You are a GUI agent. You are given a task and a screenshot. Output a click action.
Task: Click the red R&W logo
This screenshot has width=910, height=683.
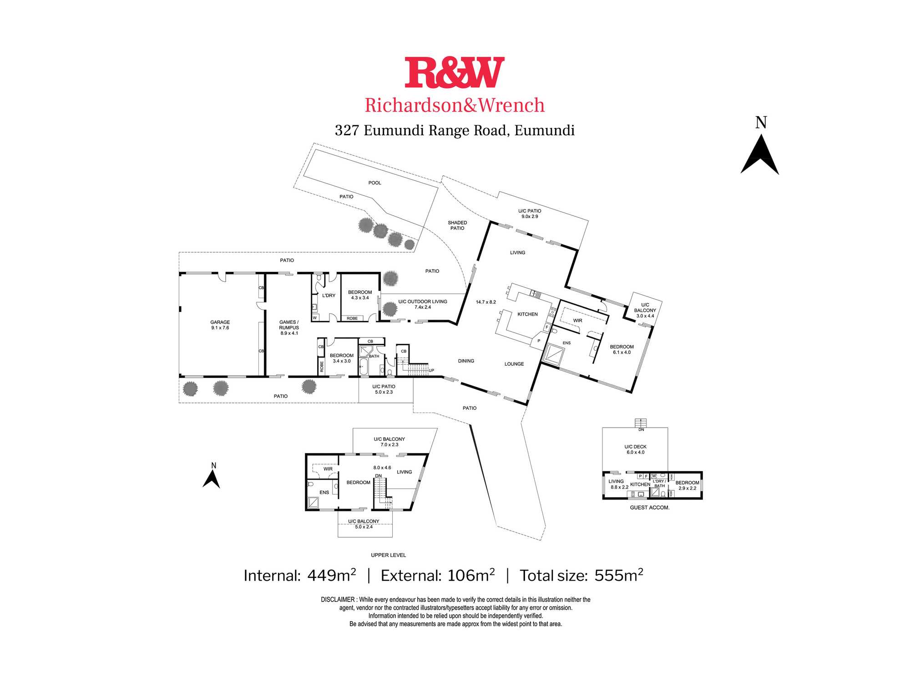tap(455, 72)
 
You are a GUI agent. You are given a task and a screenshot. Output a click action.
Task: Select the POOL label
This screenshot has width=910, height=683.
tap(375, 183)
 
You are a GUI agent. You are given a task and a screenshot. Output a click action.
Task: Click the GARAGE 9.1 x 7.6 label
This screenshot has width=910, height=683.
tap(220, 325)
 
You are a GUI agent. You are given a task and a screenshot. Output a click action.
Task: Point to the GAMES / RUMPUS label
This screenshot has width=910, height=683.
tap(289, 325)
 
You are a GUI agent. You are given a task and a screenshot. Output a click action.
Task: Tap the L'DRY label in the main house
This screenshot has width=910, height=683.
tap(329, 296)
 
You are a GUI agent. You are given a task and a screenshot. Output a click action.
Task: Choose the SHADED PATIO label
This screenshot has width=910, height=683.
tap(457, 225)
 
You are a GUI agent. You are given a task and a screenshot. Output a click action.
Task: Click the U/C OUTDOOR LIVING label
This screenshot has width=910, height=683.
tap(423, 301)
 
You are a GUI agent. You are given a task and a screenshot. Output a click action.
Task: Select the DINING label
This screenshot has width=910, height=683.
tap(466, 361)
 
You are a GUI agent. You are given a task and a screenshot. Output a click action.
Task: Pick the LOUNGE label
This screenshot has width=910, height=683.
tap(514, 364)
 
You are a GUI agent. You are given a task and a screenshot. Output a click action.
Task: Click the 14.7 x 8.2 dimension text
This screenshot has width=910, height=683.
tap(486, 302)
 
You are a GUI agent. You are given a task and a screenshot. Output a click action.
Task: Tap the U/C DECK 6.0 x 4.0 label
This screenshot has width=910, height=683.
tap(636, 449)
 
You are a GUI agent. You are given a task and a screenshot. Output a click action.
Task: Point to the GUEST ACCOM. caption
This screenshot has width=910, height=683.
tap(650, 508)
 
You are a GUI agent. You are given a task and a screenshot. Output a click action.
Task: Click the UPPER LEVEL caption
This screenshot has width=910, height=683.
tap(389, 555)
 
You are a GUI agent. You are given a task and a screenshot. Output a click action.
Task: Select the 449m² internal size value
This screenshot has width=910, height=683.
tap(332, 575)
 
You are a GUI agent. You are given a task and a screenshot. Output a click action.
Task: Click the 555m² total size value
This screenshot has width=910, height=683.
tap(619, 575)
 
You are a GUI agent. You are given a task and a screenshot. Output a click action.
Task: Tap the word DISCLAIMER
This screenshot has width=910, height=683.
tap(338, 600)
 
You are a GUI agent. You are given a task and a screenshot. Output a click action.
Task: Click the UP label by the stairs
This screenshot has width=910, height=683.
tap(431, 371)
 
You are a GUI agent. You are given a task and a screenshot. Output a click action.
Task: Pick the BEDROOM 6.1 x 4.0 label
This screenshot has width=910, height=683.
tap(622, 350)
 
